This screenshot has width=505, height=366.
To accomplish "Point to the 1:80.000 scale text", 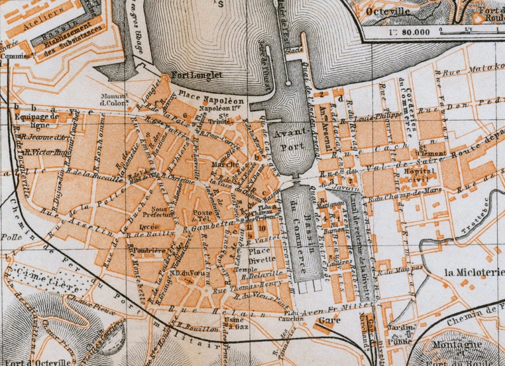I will tap(407, 30).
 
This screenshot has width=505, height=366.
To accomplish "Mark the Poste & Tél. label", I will tap(204, 217).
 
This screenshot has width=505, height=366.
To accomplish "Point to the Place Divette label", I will tap(265, 254).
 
